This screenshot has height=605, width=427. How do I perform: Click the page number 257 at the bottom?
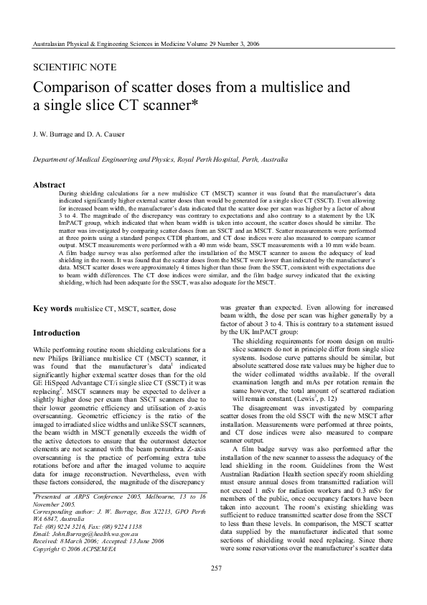[x=213, y=569]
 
